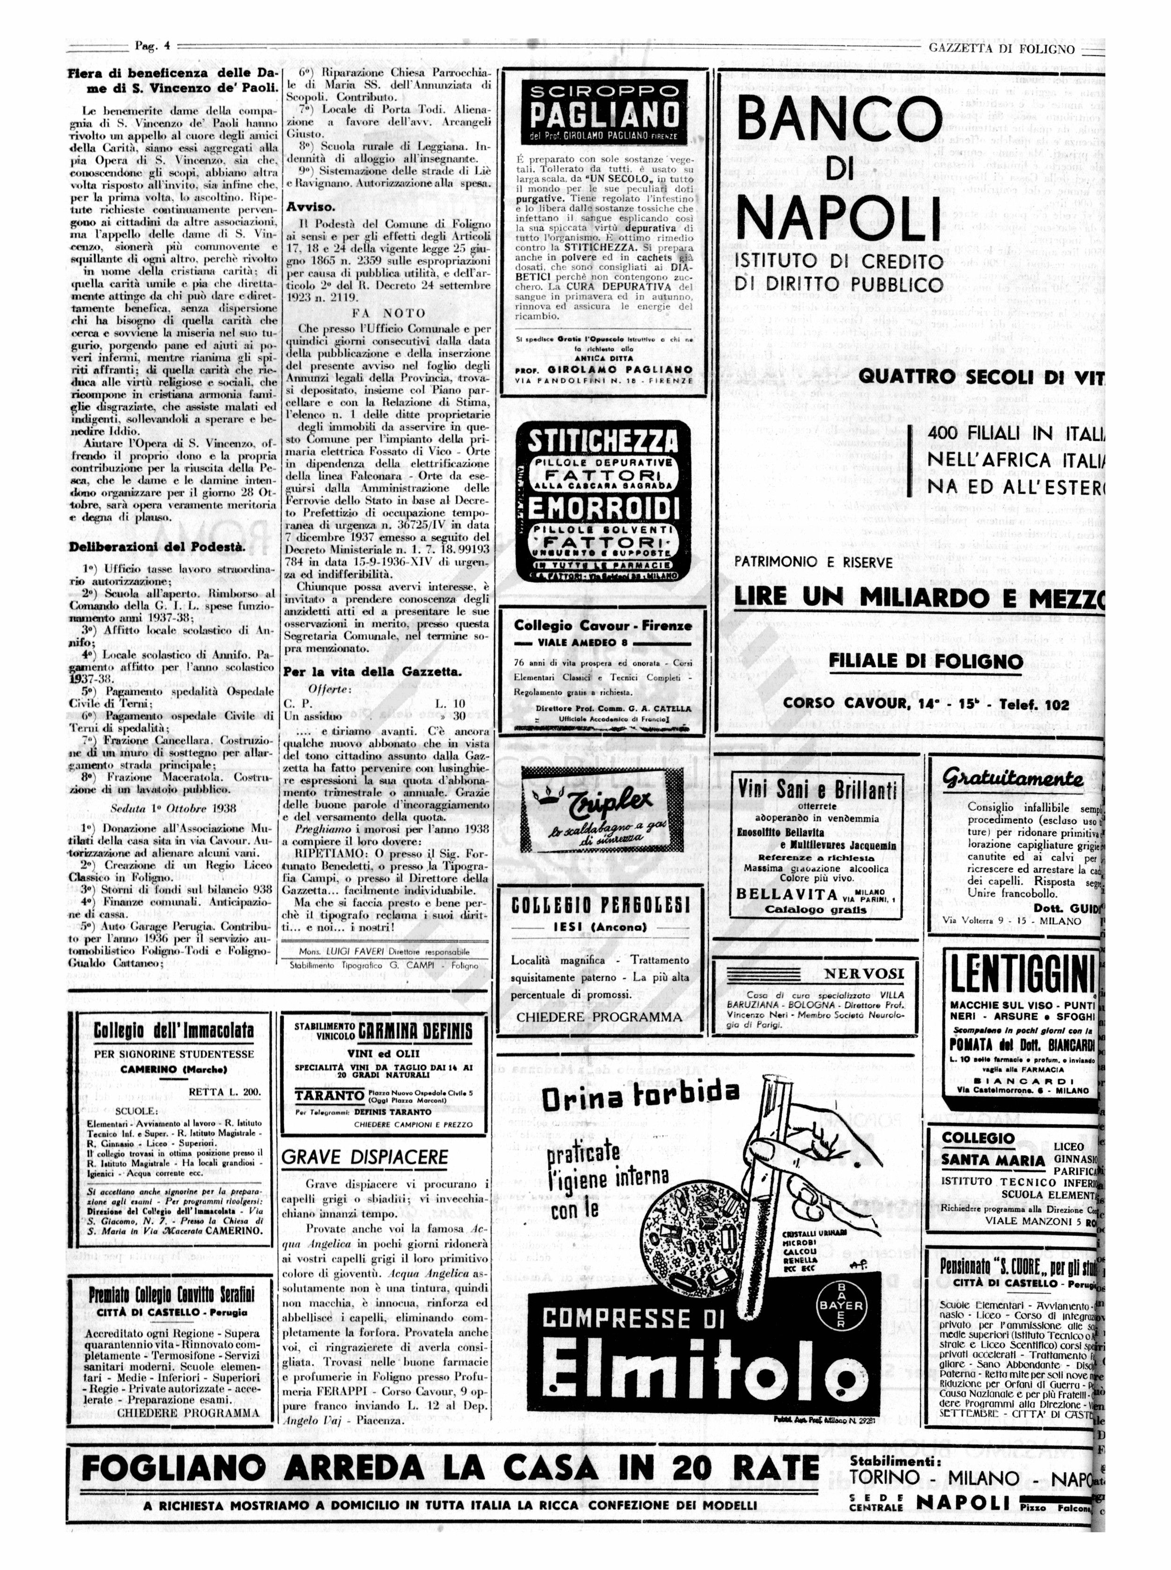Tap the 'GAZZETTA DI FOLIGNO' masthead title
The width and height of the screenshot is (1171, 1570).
tap(1001, 49)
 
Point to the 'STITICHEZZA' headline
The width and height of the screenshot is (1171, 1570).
tap(602, 441)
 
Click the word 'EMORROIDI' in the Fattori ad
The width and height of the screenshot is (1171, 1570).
tap(602, 507)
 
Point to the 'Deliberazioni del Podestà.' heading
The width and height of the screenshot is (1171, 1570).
tap(156, 546)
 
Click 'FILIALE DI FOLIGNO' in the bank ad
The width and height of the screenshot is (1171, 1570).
tap(926, 661)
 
